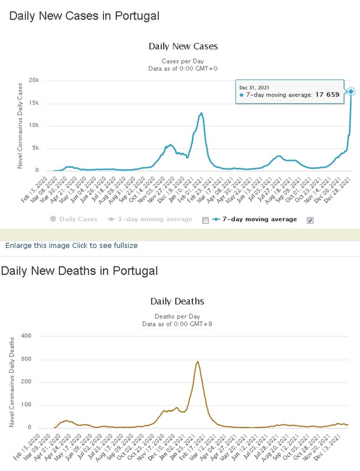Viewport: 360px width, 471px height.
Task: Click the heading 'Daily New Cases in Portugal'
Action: click(x=84, y=16)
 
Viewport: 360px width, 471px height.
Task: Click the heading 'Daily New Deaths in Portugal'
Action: click(x=79, y=271)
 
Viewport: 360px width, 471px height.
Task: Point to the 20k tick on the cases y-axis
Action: click(x=34, y=81)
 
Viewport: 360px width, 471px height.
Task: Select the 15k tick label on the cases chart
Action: click(x=34, y=103)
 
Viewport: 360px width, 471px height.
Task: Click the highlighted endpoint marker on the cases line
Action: click(x=351, y=91)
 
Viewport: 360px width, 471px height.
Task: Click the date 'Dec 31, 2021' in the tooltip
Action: click(x=254, y=87)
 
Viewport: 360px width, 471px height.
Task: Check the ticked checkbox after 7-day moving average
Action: click(x=310, y=220)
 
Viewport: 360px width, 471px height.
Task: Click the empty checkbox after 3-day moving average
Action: click(x=205, y=220)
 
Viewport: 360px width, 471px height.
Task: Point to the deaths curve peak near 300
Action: click(x=198, y=361)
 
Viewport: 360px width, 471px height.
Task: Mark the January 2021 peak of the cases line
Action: click(x=201, y=113)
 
